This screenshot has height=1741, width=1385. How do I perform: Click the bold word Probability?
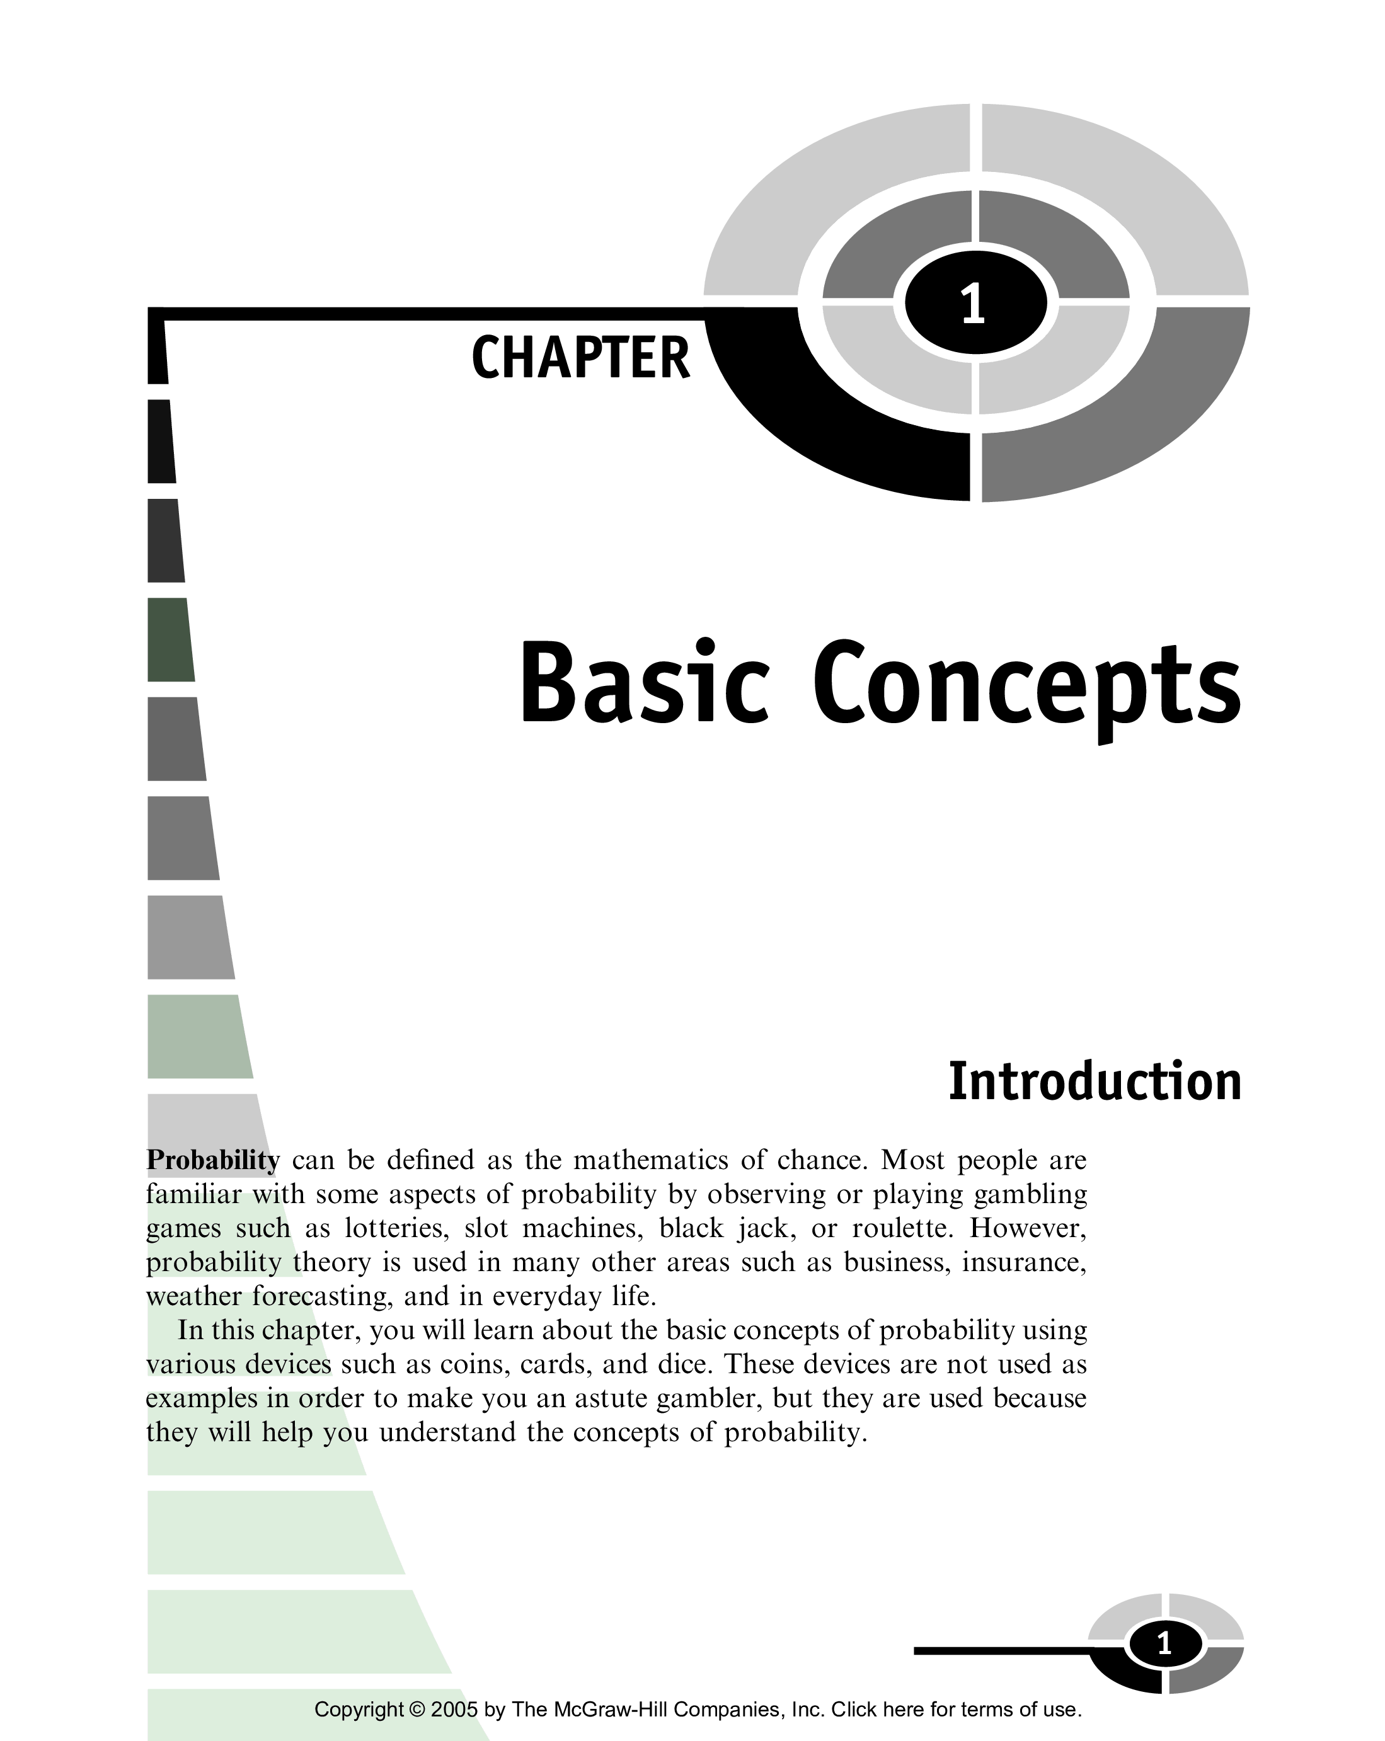pyautogui.click(x=212, y=1160)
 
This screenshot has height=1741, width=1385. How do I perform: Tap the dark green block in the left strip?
pyautogui.click(x=170, y=639)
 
